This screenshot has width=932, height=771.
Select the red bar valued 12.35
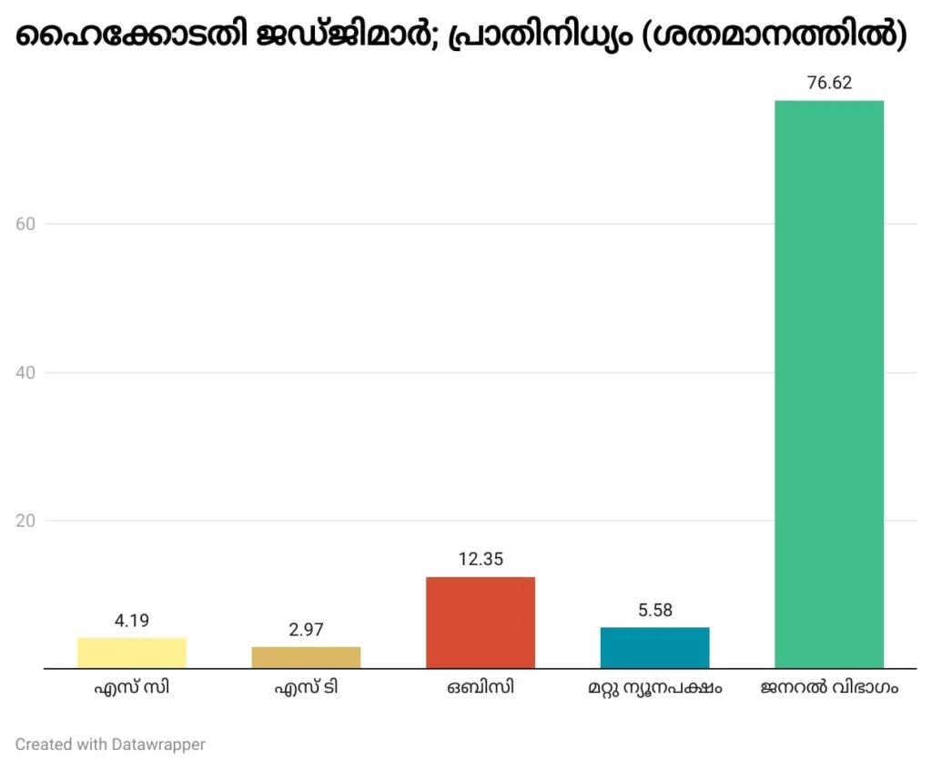(481, 623)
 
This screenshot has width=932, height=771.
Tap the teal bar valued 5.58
(654, 647)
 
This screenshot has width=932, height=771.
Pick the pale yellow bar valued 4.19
(132, 653)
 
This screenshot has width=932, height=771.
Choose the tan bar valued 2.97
(306, 657)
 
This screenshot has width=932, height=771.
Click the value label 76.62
(828, 83)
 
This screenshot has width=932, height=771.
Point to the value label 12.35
(481, 559)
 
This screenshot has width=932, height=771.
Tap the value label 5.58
(654, 610)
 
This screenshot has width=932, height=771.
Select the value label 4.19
(132, 621)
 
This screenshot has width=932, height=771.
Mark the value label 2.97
(306, 630)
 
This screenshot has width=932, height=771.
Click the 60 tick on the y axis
(26, 224)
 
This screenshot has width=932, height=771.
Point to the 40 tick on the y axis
(26, 372)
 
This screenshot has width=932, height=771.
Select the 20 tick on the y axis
(26, 521)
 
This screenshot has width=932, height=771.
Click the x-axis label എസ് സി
(132, 688)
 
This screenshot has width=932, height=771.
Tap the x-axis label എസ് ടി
(306, 688)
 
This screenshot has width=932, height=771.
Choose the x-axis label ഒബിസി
(481, 688)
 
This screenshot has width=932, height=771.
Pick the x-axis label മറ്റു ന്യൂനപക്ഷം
(654, 688)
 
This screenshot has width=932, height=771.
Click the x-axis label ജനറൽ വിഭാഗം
(828, 688)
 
